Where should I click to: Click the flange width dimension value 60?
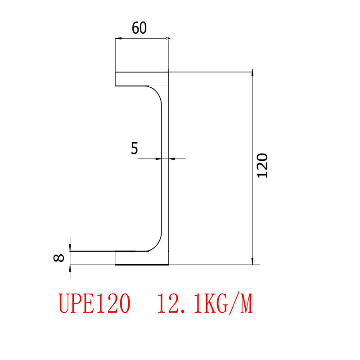pyautogui.click(x=139, y=28)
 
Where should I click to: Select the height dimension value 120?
pyautogui.click(x=262, y=166)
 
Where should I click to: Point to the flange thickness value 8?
pyautogui.click(x=59, y=258)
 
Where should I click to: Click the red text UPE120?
pyautogui.click(x=94, y=304)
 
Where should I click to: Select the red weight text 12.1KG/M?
pyautogui.click(x=205, y=304)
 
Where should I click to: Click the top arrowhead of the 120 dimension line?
pyautogui.click(x=252, y=74)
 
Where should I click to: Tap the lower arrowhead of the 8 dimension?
pyautogui.click(x=70, y=268)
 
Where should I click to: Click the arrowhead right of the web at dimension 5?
pyautogui.click(x=172, y=158)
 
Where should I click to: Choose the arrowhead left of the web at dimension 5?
pyautogui.click(x=158, y=158)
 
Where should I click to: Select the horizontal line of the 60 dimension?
pyautogui.click(x=142, y=39)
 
